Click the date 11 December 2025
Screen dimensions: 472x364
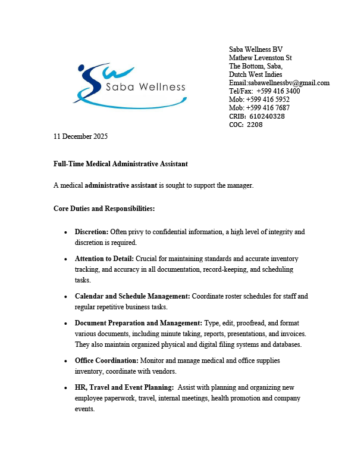[x=80, y=136]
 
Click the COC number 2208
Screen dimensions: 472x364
[x=255, y=125]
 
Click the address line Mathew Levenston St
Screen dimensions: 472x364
[x=260, y=58]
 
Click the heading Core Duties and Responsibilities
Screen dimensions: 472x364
[x=104, y=209]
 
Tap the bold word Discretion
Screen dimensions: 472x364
[x=92, y=231]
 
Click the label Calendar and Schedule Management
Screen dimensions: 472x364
[x=132, y=296]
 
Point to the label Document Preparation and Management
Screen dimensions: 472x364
[x=139, y=324]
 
